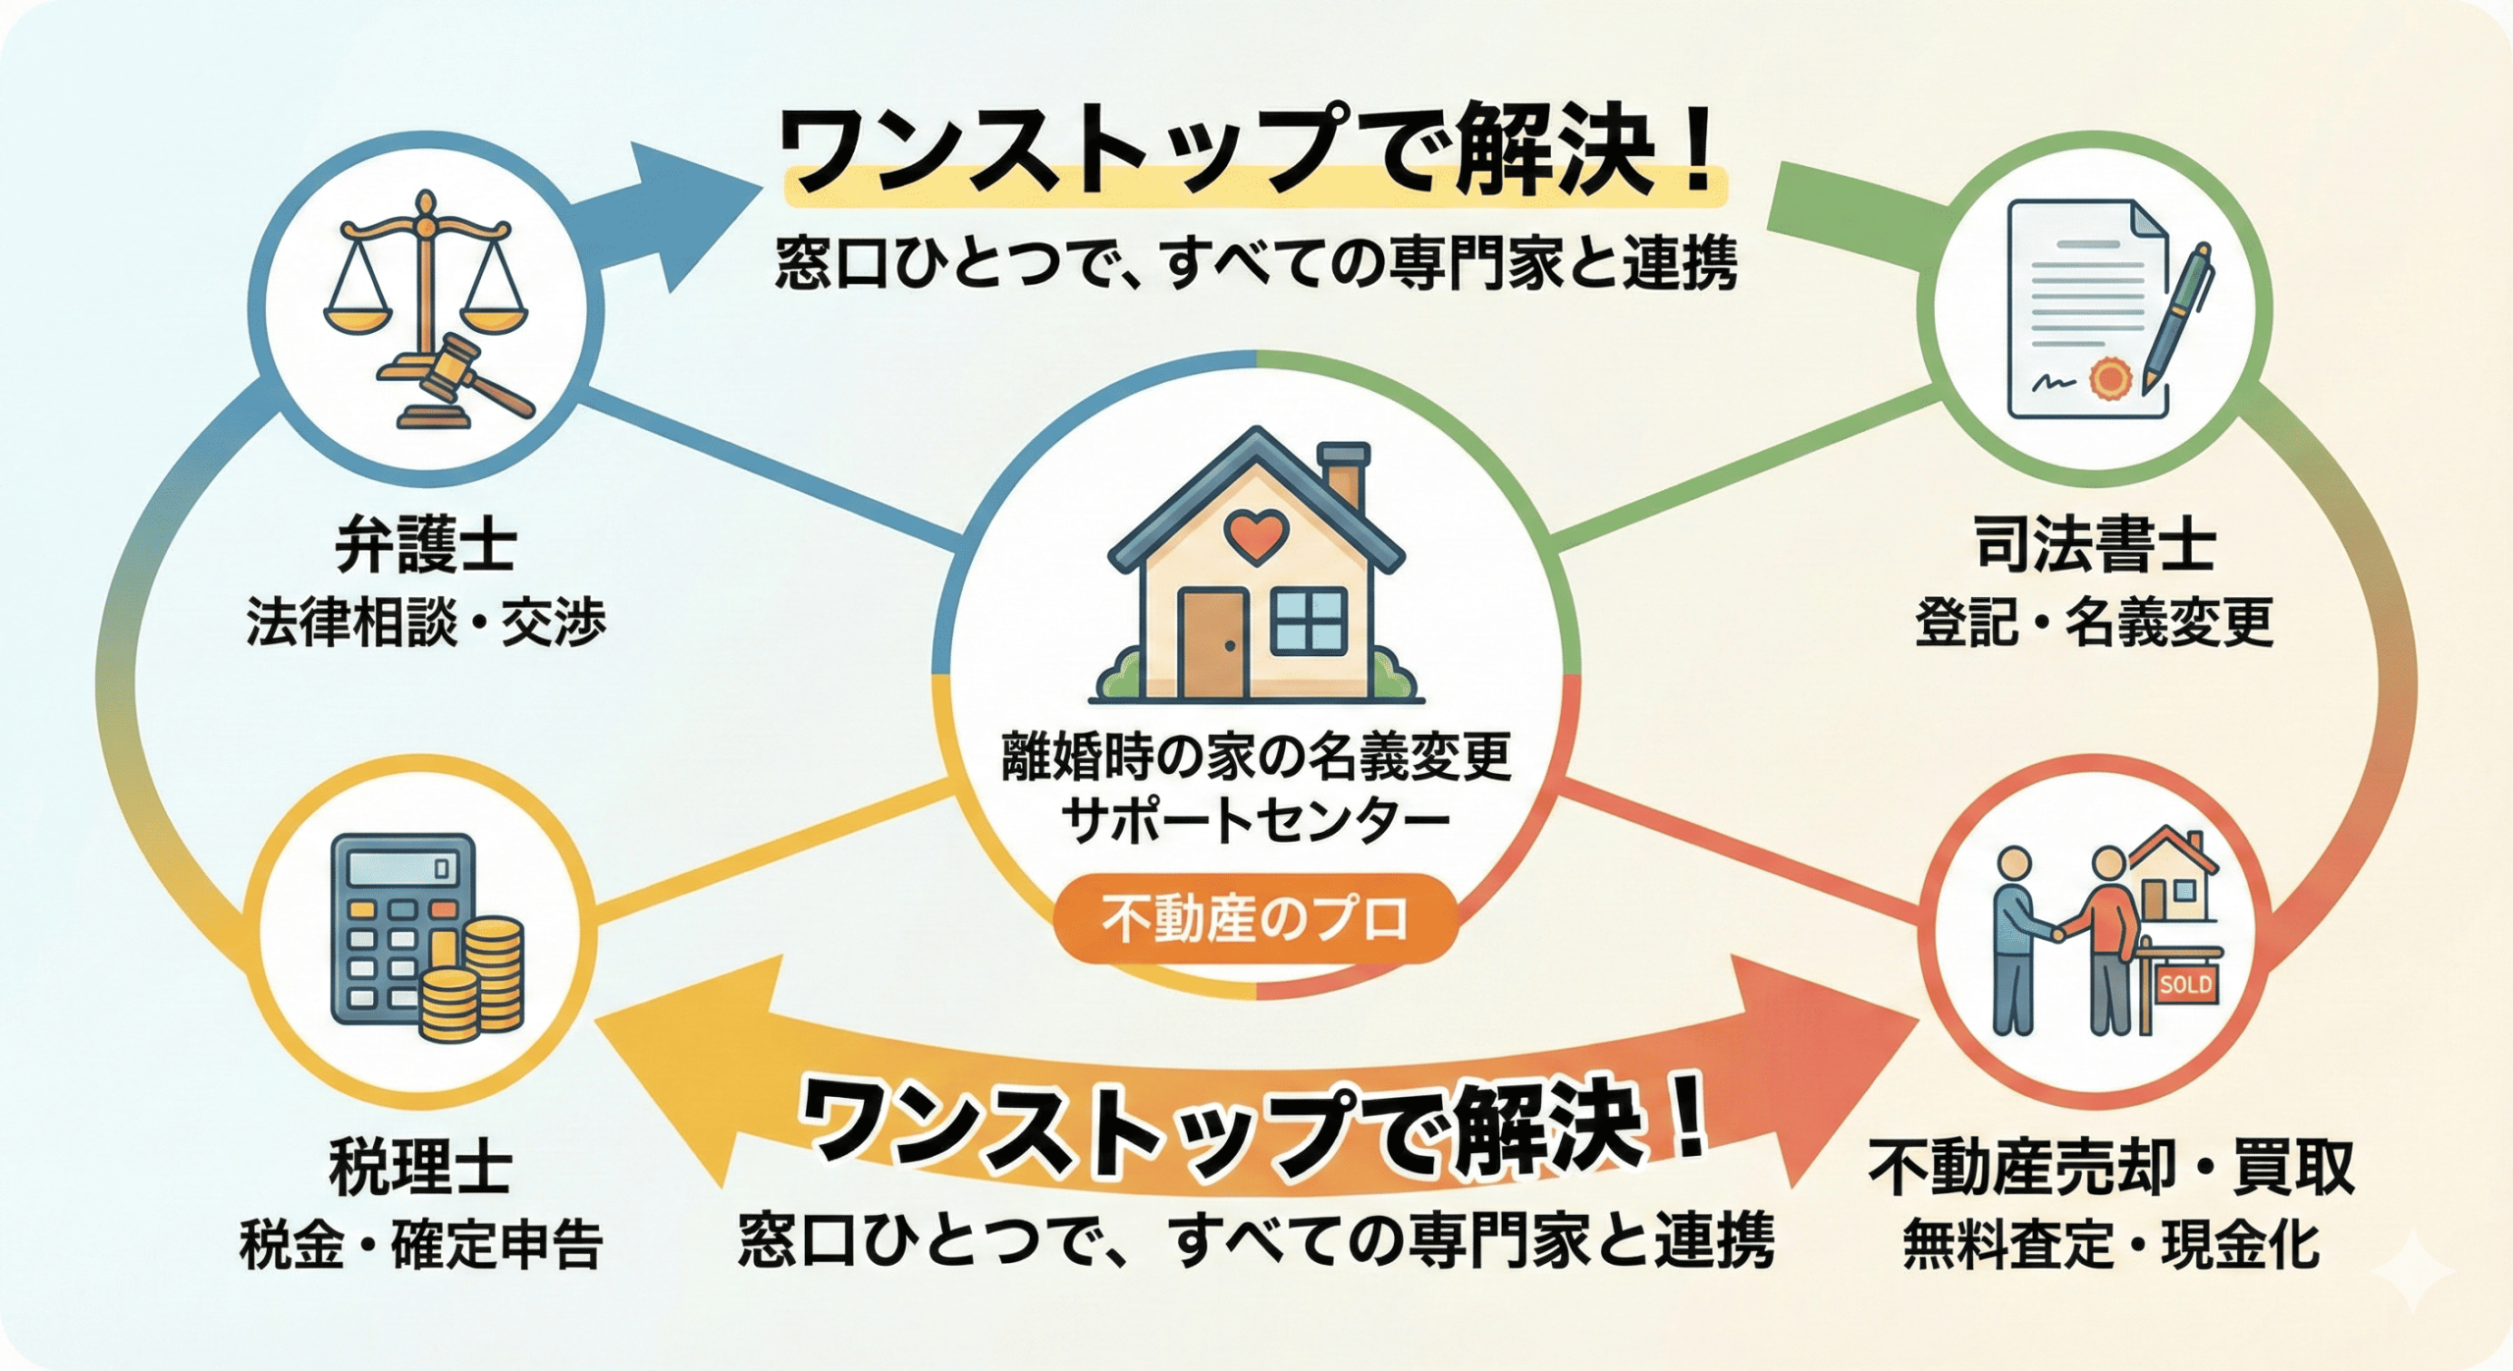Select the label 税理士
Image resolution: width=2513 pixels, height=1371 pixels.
click(421, 1168)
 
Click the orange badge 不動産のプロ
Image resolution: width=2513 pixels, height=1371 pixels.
click(1256, 918)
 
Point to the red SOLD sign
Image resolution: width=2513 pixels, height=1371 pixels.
click(2185, 984)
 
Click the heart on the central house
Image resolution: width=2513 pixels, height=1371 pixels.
click(1256, 535)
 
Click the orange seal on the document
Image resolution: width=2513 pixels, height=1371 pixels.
click(2109, 379)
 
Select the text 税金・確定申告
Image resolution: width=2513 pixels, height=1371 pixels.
click(421, 1244)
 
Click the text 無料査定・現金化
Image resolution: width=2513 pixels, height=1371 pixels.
click(2112, 1244)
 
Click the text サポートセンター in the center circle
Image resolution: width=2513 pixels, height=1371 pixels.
click(1256, 820)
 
